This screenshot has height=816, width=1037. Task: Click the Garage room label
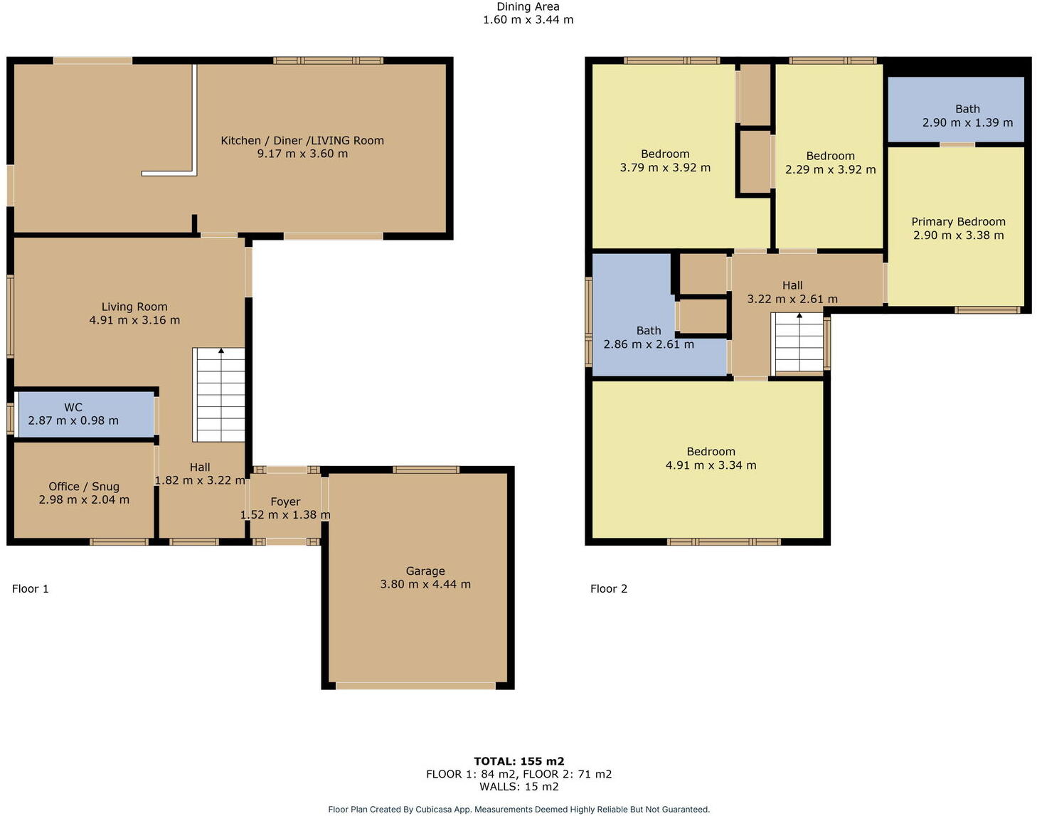pyautogui.click(x=425, y=571)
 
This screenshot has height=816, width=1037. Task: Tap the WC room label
pyautogui.click(x=73, y=408)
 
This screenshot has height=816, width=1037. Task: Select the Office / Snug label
pyautogui.click(x=84, y=487)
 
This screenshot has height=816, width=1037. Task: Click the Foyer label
pyautogui.click(x=285, y=502)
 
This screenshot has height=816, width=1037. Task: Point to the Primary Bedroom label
pyautogui.click(x=958, y=222)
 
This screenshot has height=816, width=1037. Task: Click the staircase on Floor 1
pyautogui.click(x=220, y=395)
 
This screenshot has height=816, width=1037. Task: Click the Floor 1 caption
pyautogui.click(x=31, y=588)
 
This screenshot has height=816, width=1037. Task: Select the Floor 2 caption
pyautogui.click(x=609, y=588)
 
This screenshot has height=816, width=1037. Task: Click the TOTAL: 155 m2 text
pyautogui.click(x=518, y=761)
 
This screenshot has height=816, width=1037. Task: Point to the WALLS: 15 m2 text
pyautogui.click(x=518, y=787)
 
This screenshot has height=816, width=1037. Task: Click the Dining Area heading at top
pyautogui.click(x=528, y=7)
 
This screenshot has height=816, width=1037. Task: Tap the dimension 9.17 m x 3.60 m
pyautogui.click(x=302, y=154)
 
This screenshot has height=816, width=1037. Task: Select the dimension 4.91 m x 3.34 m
pyautogui.click(x=711, y=465)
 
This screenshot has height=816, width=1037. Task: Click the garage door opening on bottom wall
pyautogui.click(x=415, y=686)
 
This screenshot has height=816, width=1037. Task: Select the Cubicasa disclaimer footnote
pyautogui.click(x=518, y=810)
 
